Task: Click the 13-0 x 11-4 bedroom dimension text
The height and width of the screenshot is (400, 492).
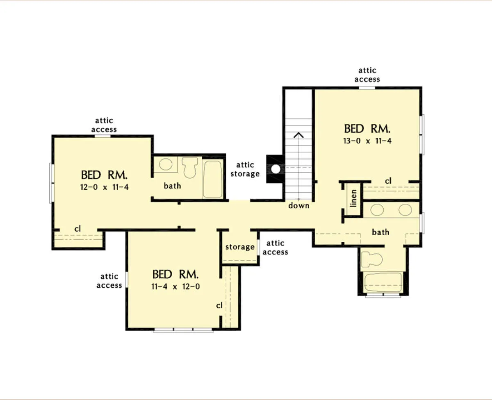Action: coord(367,141)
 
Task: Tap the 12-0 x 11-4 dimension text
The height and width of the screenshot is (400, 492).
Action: coord(105,187)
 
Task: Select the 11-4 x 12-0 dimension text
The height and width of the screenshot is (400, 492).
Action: coord(175,286)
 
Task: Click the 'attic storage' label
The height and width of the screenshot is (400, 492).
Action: coord(245,169)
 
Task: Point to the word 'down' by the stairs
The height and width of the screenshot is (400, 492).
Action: coord(299,205)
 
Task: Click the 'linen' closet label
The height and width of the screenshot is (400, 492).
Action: coord(353,198)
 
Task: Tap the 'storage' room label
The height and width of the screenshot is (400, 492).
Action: coord(240,247)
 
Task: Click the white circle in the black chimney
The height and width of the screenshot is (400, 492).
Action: coord(276,169)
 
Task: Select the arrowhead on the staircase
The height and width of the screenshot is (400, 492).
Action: coord(298,135)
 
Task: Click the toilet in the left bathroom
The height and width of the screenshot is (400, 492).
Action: coord(190,168)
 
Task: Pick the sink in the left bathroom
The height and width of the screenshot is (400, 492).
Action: coord(166,164)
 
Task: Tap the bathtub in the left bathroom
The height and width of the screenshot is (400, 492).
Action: coord(213,179)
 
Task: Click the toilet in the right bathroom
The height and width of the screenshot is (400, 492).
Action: coord(372,259)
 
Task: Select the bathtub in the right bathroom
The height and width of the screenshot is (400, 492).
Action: coord(383,282)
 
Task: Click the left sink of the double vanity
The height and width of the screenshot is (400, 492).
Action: coord(377,210)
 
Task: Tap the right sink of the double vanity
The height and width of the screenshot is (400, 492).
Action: coord(405,210)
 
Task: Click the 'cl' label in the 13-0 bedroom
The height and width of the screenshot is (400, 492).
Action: coord(388,181)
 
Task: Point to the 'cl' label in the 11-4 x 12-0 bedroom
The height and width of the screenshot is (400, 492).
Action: coord(219,305)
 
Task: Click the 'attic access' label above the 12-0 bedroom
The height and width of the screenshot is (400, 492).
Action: coord(104,125)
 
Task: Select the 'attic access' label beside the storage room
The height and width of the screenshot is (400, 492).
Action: coord(276,248)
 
